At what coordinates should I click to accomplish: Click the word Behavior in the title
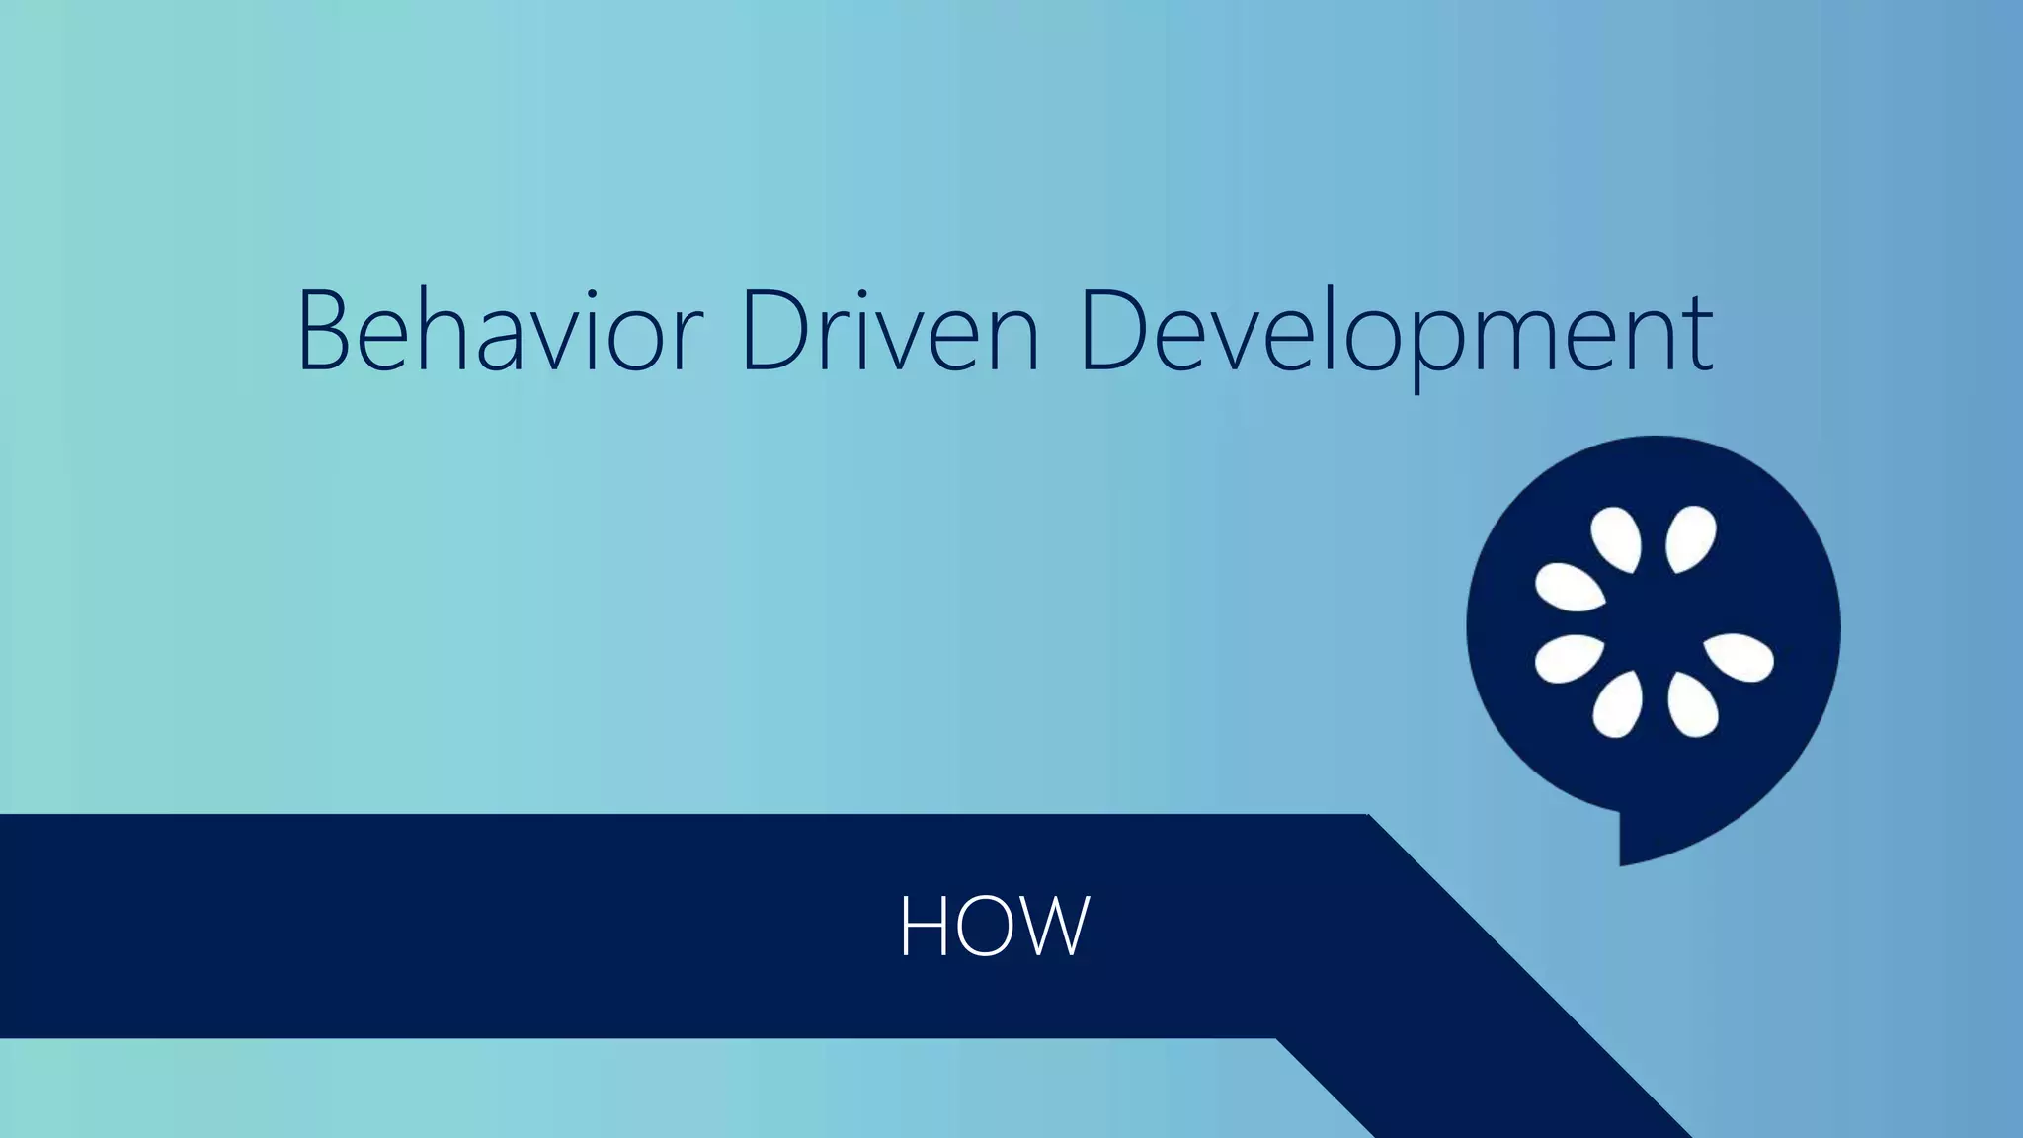(499, 331)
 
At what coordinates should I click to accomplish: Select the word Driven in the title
(889, 331)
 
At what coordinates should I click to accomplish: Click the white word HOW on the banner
(994, 926)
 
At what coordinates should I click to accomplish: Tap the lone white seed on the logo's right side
(1740, 657)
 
